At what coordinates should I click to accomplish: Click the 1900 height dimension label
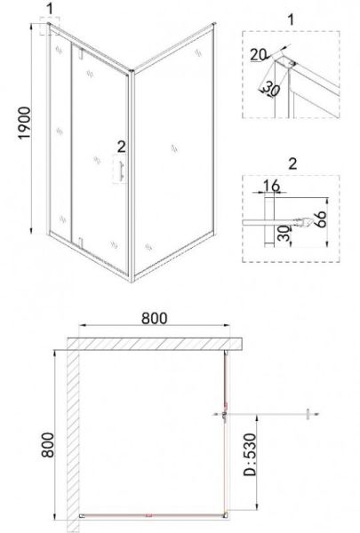pos(25,123)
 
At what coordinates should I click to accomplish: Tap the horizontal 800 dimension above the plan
pos(155,318)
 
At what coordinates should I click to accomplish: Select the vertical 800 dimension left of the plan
pos(47,445)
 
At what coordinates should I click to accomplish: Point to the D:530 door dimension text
pos(251,454)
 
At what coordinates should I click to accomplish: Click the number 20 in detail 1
pos(259,54)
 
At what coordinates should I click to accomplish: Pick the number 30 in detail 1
pos(270,89)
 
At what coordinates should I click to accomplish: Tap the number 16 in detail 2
pos(271,186)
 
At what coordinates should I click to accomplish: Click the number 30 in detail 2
pos(283,234)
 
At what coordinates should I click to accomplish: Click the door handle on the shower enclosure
pos(120,169)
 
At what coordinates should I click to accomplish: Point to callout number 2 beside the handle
pos(121,147)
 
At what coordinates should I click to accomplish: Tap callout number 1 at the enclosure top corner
pos(50,9)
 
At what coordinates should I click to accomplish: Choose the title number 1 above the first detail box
pos(291,20)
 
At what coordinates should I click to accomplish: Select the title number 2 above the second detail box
pos(292,163)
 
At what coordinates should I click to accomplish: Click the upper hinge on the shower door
pos(81,53)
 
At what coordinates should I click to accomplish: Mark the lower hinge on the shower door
pos(81,243)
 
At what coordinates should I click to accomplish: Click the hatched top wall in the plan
pos(155,344)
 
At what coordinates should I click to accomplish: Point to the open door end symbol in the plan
pos(308,414)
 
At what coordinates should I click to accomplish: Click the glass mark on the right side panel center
pos(174,148)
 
